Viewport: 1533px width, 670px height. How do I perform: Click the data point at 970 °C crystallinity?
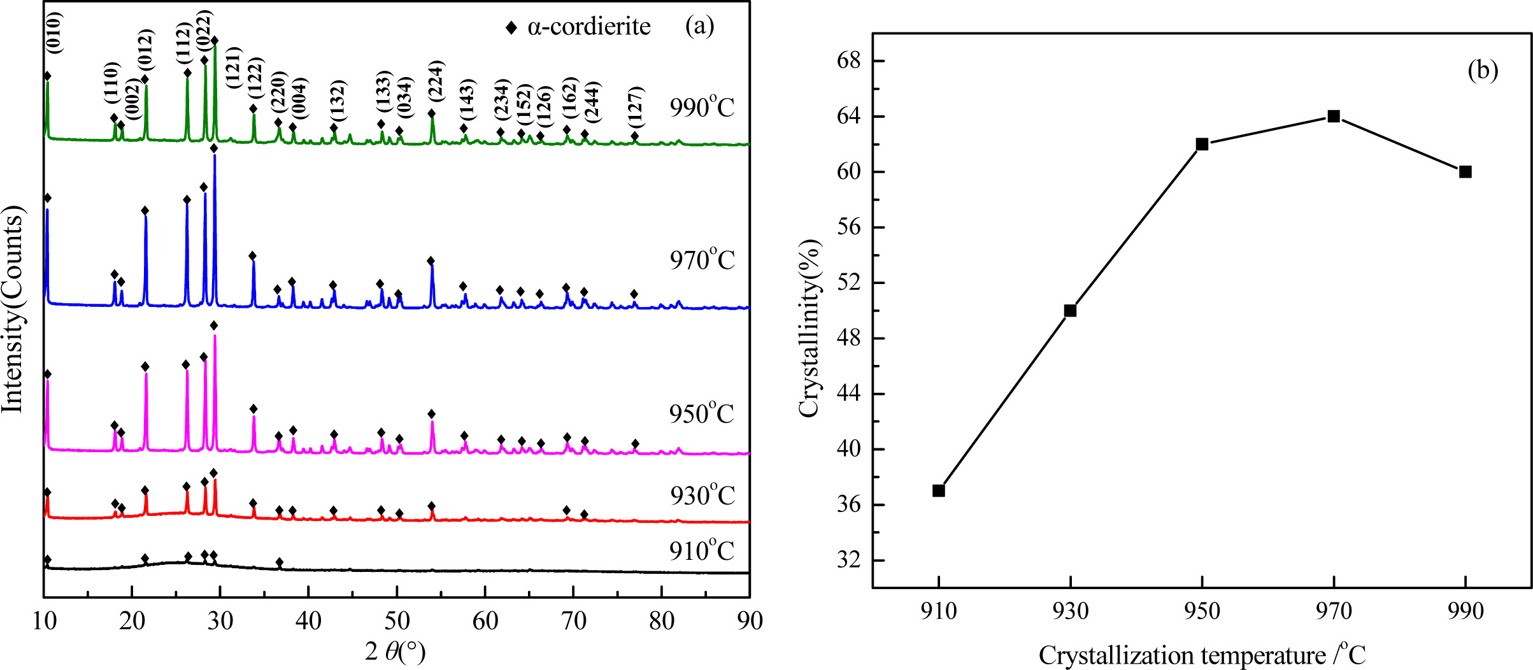pyautogui.click(x=1334, y=116)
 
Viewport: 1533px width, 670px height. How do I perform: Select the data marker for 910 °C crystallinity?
pyautogui.click(x=938, y=490)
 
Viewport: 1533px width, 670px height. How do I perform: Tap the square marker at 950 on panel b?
pyautogui.click(x=1202, y=144)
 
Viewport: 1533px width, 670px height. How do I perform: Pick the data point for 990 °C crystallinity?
pyautogui.click(x=1465, y=172)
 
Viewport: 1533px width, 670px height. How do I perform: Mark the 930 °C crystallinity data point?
pyautogui.click(x=1070, y=311)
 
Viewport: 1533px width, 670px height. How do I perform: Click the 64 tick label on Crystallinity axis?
pyautogui.click(x=848, y=117)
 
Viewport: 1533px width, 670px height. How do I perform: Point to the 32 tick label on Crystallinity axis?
pyautogui.click(x=848, y=560)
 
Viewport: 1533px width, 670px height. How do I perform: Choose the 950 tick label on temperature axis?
pyautogui.click(x=1202, y=611)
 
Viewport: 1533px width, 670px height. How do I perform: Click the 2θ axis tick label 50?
pyautogui.click(x=397, y=620)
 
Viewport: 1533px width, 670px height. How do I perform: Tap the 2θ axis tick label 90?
pyautogui.click(x=750, y=620)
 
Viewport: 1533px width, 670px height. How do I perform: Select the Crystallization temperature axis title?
pyautogui.click(x=1202, y=655)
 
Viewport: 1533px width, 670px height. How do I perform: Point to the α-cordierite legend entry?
pyautogui.click(x=578, y=27)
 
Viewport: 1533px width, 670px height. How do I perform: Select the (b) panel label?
pyautogui.click(x=1483, y=70)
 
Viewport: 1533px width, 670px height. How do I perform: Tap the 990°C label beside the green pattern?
pyautogui.click(x=702, y=107)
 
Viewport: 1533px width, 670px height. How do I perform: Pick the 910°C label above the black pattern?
pyautogui.click(x=702, y=550)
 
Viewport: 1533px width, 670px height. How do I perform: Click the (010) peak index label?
pyautogui.click(x=54, y=33)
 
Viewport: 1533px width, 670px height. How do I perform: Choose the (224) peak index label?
pyautogui.click(x=436, y=80)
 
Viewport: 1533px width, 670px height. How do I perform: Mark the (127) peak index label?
pyautogui.click(x=635, y=106)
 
